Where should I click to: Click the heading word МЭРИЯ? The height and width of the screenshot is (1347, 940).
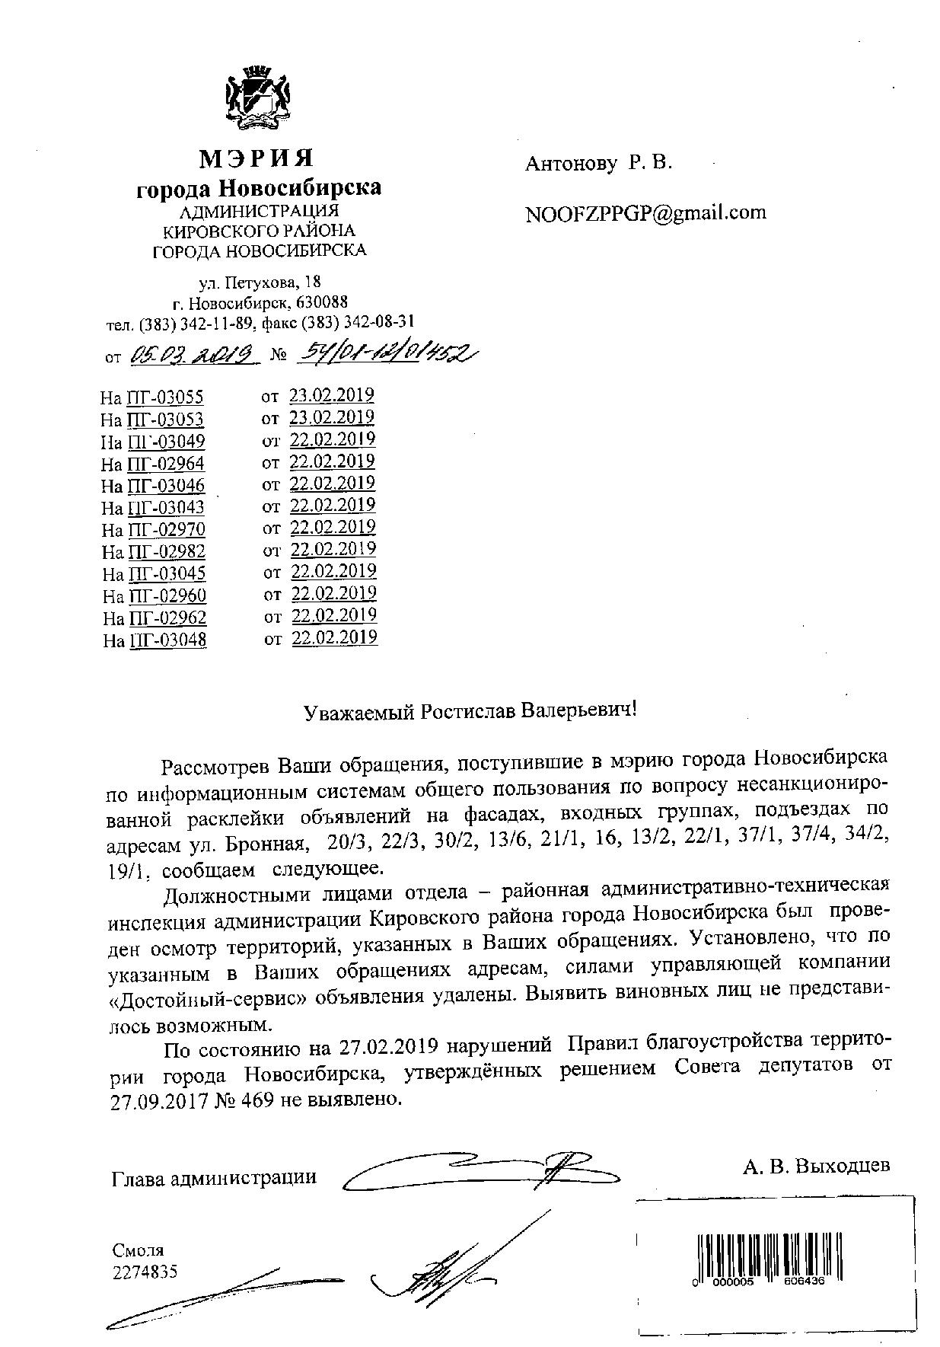point(257,158)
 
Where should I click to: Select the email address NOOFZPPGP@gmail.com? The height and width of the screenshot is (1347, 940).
point(645,212)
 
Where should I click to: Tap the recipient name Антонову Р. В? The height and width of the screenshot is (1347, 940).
point(598,162)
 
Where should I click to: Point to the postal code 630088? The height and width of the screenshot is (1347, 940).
point(322,302)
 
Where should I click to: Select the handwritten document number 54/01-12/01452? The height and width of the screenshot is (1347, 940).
point(384,353)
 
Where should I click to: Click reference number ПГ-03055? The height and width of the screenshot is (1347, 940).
point(166,397)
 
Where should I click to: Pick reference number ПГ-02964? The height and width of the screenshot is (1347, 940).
point(166,463)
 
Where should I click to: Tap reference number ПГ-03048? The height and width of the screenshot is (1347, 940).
point(167,640)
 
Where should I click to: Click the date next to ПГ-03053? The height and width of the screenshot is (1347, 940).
point(332,417)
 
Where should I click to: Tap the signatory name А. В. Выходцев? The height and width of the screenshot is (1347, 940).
point(816,1166)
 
